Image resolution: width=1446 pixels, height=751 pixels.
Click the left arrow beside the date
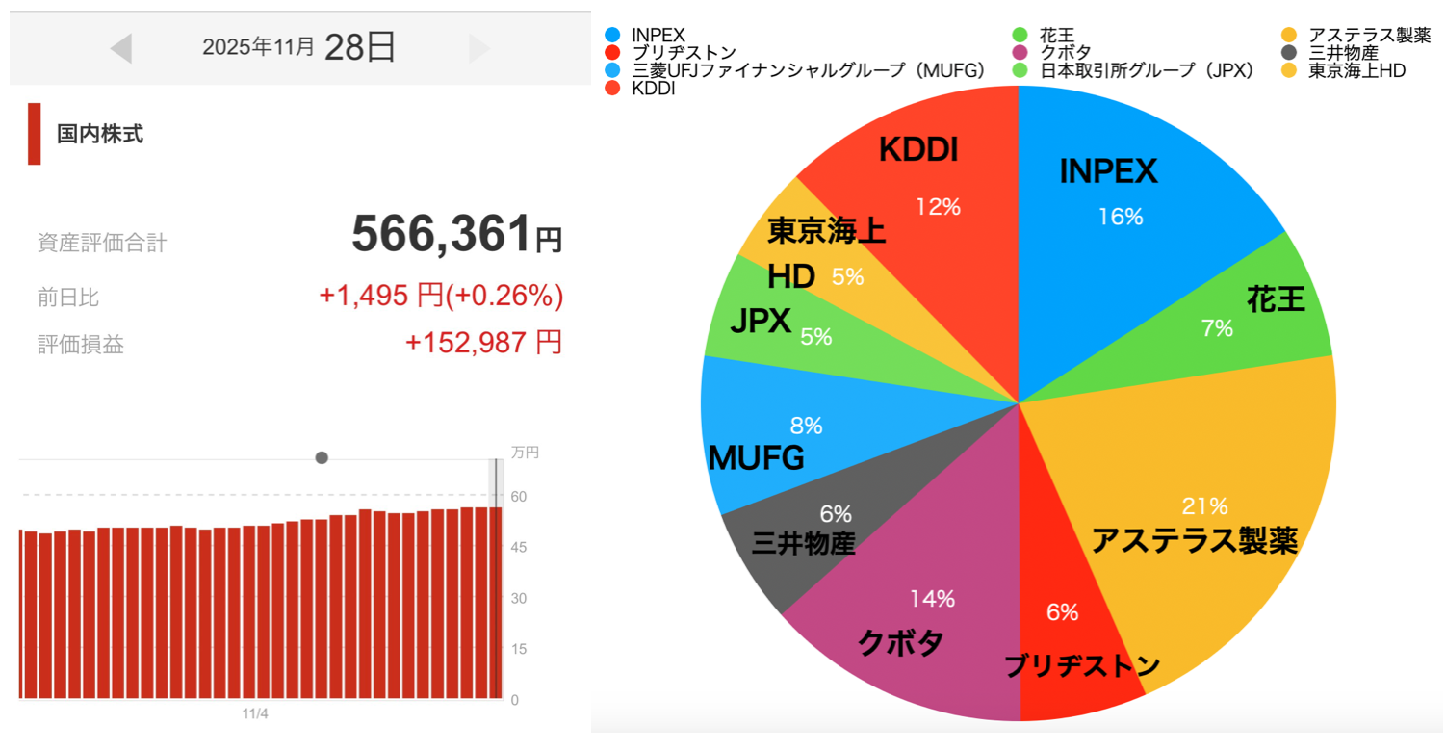pyautogui.click(x=121, y=48)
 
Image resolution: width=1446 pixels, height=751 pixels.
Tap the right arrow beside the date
pyautogui.click(x=478, y=48)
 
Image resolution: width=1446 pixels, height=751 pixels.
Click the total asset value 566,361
pyautogui.click(x=441, y=234)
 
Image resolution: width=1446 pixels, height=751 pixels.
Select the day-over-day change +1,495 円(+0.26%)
pyautogui.click(x=441, y=297)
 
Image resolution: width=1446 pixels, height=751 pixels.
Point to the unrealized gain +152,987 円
pyautogui.click(x=483, y=343)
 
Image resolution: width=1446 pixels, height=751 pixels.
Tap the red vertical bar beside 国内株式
pyautogui.click(x=35, y=134)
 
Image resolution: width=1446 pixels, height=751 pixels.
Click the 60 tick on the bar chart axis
pyautogui.click(x=519, y=496)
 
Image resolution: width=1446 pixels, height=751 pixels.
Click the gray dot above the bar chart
pyautogui.click(x=322, y=457)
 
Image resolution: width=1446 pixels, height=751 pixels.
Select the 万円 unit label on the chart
pyautogui.click(x=525, y=453)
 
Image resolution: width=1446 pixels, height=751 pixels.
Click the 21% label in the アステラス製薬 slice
pyautogui.click(x=1204, y=505)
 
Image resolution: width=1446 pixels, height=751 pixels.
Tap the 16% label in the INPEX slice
pyautogui.click(x=1121, y=217)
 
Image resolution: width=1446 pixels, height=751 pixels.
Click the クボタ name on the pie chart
pyautogui.click(x=900, y=642)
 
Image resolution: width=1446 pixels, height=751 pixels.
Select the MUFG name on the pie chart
pyautogui.click(x=756, y=458)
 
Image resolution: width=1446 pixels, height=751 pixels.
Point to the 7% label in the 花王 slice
pyautogui.click(x=1217, y=328)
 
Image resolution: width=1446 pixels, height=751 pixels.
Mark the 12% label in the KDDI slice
pyautogui.click(x=938, y=206)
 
